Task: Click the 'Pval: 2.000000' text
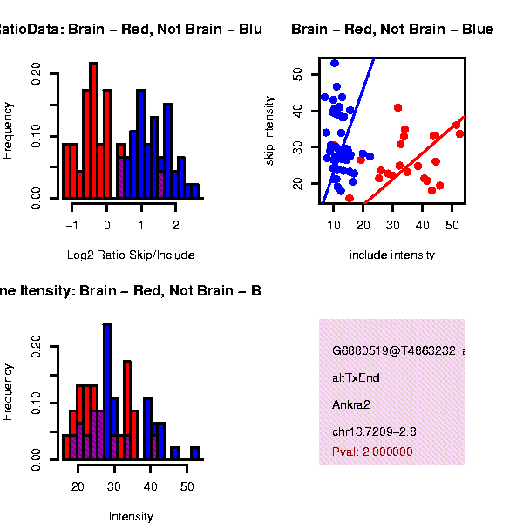(x=372, y=452)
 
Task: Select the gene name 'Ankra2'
(x=351, y=404)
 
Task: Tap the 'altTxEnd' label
(x=356, y=377)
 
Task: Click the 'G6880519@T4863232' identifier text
(x=397, y=350)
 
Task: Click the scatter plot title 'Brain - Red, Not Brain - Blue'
(x=392, y=30)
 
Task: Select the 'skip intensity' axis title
(x=270, y=131)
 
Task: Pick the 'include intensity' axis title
(x=391, y=255)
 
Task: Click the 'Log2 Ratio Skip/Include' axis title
(x=131, y=255)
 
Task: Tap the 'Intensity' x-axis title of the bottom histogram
(x=131, y=516)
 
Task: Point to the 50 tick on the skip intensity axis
(x=297, y=75)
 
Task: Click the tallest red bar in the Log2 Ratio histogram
(x=93, y=131)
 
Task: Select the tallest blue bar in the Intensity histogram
(x=107, y=392)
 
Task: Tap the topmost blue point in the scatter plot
(x=335, y=63)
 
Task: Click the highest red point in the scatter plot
(x=397, y=108)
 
